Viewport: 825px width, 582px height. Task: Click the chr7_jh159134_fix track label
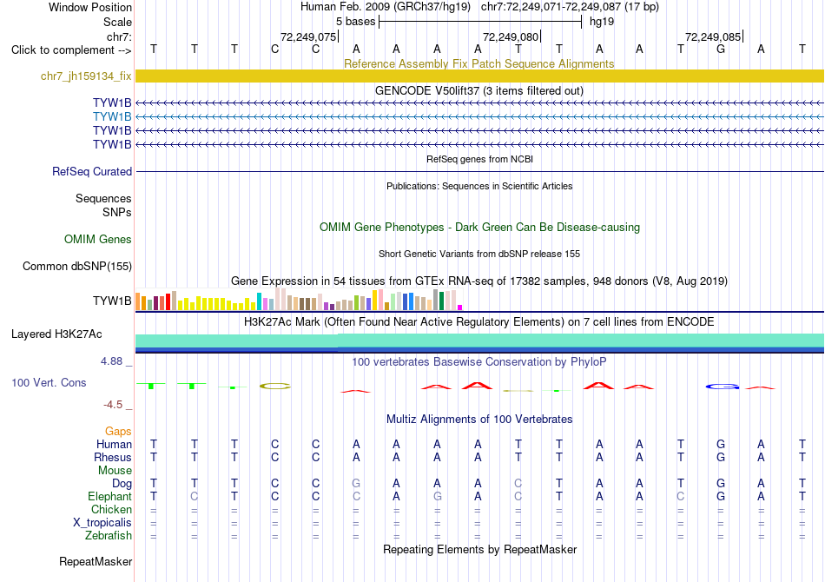pyautogui.click(x=86, y=76)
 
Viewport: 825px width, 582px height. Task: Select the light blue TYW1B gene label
pyautogui.click(x=112, y=116)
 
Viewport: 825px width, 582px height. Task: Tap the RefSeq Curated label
pyautogui.click(x=92, y=171)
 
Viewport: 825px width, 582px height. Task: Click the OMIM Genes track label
pyautogui.click(x=98, y=240)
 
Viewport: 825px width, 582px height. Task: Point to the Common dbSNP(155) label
pyautogui.click(x=77, y=267)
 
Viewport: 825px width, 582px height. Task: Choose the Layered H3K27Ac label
pyautogui.click(x=56, y=334)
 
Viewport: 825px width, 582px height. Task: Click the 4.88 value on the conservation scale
pyautogui.click(x=111, y=361)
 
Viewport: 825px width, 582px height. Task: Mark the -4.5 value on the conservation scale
pyautogui.click(x=113, y=405)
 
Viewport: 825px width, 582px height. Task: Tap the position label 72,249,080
pyautogui.click(x=511, y=36)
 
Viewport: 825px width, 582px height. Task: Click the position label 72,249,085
pyautogui.click(x=713, y=36)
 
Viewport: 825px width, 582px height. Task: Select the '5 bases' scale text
pyautogui.click(x=356, y=22)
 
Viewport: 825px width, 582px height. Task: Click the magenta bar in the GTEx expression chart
pyautogui.click(x=460, y=308)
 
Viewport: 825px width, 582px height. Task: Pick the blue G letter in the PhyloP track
pyautogui.click(x=722, y=387)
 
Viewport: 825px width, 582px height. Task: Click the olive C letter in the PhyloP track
pyautogui.click(x=275, y=387)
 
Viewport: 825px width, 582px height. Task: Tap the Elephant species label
pyautogui.click(x=109, y=497)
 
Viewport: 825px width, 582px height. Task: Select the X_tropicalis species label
pyautogui.click(x=102, y=523)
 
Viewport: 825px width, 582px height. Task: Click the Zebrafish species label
pyautogui.click(x=109, y=536)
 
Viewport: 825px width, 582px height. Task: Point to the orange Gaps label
pyautogui.click(x=118, y=432)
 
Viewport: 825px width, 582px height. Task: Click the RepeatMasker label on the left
pyautogui.click(x=96, y=562)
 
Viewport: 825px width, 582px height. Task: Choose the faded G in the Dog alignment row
pyautogui.click(x=356, y=484)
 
